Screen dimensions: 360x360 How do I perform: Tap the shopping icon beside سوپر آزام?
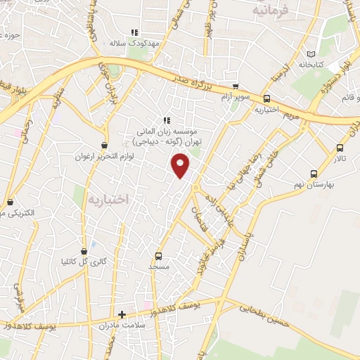coord(235,86)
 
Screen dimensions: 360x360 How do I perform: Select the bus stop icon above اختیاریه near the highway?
coord(266,99)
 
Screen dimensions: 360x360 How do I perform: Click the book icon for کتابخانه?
coord(311,53)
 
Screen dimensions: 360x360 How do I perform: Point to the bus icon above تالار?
coord(340,148)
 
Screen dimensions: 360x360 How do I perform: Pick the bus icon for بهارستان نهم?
coord(313,173)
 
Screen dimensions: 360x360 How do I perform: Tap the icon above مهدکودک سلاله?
coord(135,32)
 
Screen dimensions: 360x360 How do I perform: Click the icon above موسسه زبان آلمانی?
coord(167,120)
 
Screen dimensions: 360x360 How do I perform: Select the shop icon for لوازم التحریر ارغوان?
coord(104,146)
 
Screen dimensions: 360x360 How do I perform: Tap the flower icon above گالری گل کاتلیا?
coord(94,250)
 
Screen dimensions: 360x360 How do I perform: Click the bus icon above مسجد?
coord(158,257)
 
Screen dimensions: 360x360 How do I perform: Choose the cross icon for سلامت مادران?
coord(122,314)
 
